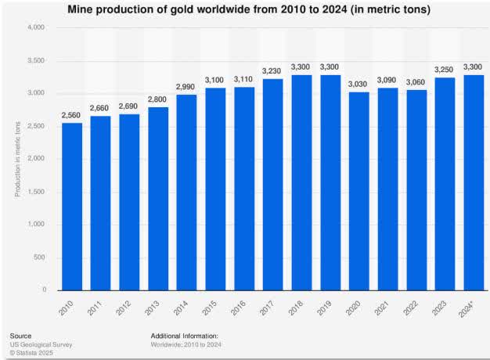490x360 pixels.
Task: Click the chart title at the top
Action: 244,9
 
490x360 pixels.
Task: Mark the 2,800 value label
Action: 157,99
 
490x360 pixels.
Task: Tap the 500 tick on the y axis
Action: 39,257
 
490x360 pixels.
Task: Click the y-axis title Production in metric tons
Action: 17,159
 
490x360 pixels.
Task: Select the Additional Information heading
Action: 185,334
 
